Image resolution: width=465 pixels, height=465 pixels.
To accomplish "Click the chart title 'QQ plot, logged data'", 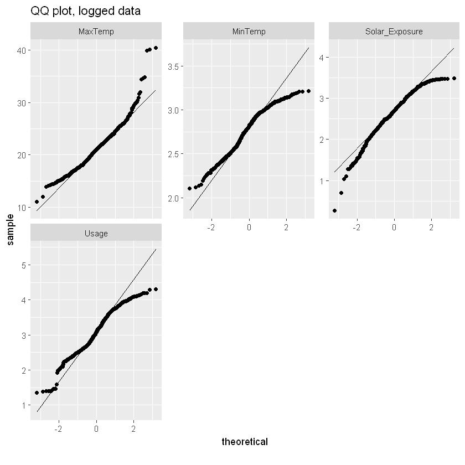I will tap(85, 11).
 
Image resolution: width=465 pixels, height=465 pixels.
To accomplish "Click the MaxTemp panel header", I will tap(96, 32).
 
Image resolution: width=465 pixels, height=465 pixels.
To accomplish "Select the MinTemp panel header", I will tap(249, 32).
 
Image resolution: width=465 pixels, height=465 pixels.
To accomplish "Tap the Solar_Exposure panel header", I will tap(395, 32).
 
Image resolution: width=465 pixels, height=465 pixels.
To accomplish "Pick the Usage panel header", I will tap(96, 233).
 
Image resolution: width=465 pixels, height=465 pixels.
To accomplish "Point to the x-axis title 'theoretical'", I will tap(245, 442).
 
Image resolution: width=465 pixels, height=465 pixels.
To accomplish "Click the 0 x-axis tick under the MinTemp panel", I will tap(249, 227).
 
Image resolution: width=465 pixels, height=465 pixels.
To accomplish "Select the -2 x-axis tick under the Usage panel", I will tap(58, 429).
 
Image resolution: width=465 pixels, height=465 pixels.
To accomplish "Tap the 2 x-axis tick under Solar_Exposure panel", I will tap(431, 227).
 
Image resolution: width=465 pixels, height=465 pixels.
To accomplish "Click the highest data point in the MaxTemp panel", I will tap(156, 48).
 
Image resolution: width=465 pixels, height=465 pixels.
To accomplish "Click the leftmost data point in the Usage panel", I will tap(37, 392).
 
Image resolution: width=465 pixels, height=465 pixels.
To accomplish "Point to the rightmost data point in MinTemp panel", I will tap(308, 91).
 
